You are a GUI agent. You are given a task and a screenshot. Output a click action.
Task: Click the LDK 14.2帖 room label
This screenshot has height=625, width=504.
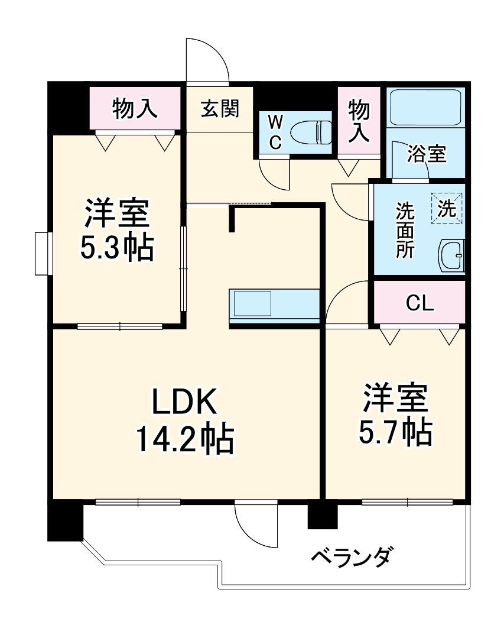click(x=185, y=421)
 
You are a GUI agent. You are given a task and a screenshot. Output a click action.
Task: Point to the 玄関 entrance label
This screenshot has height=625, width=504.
click(x=219, y=109)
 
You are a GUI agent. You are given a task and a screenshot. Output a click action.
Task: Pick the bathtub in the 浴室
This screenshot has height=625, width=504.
click(x=425, y=107)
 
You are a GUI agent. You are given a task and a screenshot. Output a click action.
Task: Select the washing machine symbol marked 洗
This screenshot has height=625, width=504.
click(x=447, y=208)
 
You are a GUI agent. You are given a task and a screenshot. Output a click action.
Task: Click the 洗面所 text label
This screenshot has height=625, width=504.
click(x=405, y=230)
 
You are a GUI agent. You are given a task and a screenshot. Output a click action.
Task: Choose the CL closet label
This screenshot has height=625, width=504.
click(x=420, y=303)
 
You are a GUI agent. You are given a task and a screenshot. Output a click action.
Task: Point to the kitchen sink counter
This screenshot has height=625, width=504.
click(x=274, y=305)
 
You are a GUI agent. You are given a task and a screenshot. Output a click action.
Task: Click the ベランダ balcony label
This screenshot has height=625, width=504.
click(x=351, y=557)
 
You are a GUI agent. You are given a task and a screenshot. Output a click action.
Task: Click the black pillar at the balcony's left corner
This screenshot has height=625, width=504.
click(x=64, y=520)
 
